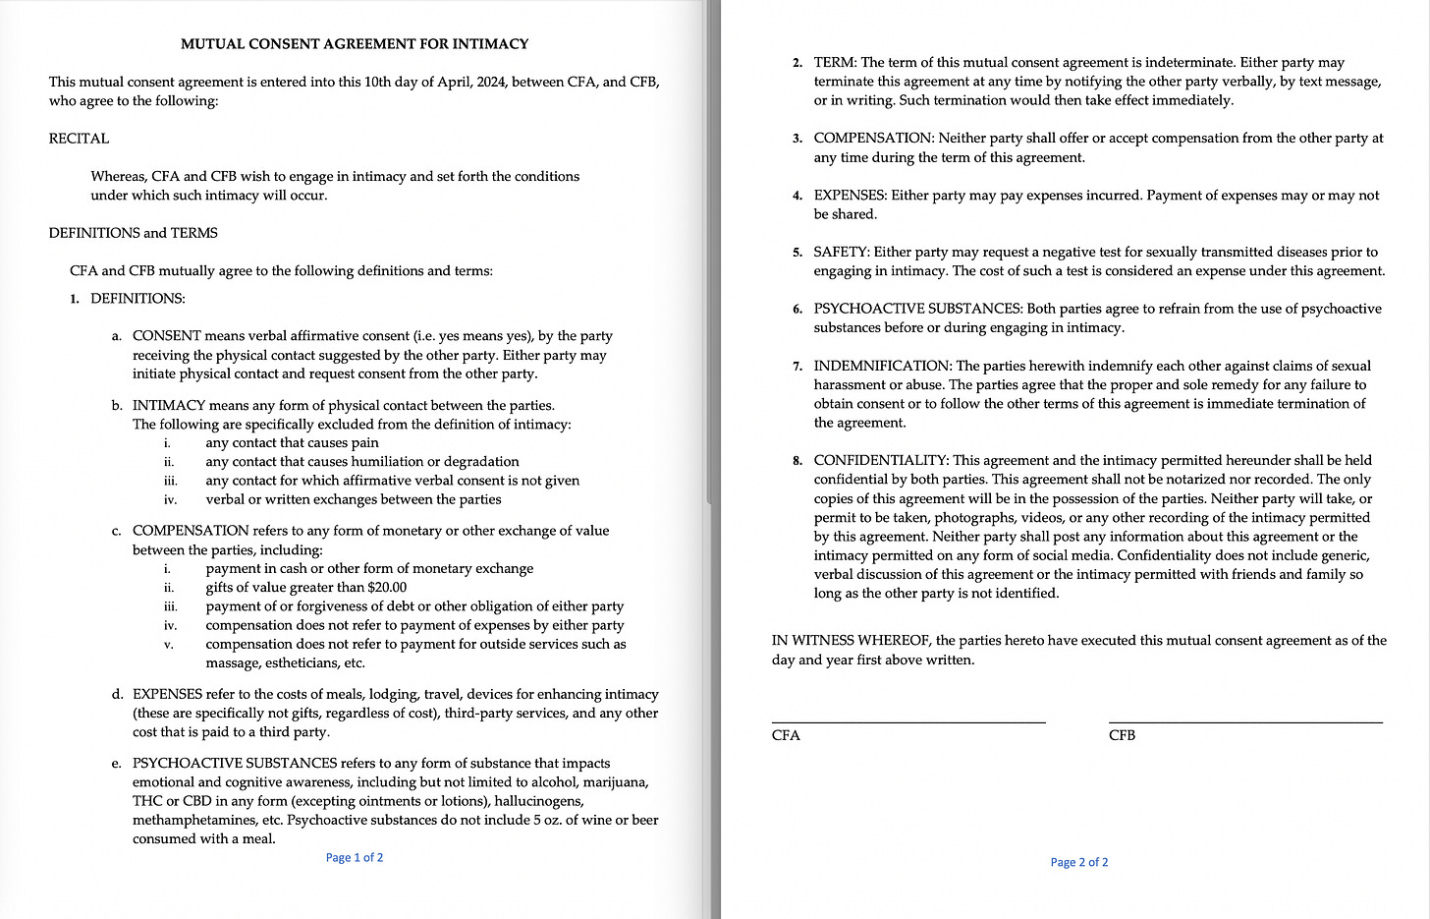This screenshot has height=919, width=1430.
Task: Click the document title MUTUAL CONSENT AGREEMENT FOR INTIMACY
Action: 355,44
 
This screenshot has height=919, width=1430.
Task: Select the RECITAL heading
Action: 79,139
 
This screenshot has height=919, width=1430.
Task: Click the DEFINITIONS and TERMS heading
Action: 134,233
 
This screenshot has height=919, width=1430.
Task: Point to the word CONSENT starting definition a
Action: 167,336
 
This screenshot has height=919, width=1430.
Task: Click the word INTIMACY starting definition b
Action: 169,405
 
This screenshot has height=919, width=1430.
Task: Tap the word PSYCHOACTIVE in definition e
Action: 187,764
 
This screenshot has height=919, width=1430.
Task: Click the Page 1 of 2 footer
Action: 355,858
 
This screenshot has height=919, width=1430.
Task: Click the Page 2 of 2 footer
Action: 1079,863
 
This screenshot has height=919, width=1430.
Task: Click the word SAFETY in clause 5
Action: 841,253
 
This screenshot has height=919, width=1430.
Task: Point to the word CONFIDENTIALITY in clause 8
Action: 880,461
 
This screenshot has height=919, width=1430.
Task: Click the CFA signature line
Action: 908,722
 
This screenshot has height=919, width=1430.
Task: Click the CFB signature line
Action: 1245,722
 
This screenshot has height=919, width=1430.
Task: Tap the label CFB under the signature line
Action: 1122,736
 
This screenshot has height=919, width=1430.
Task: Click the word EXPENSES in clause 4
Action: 850,196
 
